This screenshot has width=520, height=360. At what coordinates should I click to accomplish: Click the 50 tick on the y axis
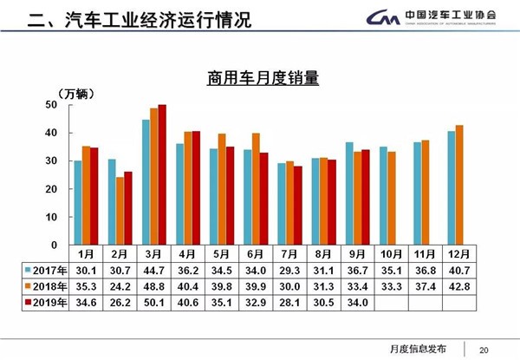[x=51, y=105]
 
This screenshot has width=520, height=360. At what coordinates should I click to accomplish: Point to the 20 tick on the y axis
[x=51, y=188]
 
